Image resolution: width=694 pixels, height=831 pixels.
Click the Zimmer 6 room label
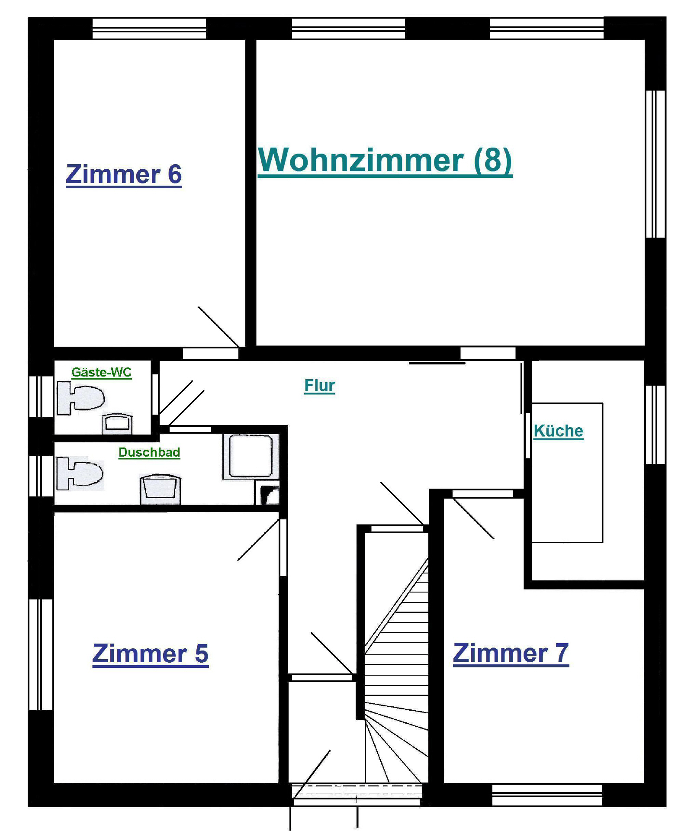(124, 174)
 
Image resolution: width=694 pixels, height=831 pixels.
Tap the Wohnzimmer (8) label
(385, 161)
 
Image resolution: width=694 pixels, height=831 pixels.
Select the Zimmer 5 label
(150, 654)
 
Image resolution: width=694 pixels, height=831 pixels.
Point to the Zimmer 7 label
(511, 653)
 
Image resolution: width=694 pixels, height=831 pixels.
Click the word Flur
(320, 386)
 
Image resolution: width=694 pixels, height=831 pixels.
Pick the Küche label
(558, 431)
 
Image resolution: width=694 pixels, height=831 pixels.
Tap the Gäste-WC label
(101, 372)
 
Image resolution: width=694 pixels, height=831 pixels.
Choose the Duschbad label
(149, 452)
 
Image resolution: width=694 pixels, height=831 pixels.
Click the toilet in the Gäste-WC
(81, 398)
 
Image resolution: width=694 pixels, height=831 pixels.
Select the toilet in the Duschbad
(80, 473)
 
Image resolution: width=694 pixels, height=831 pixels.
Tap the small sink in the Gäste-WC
(117, 424)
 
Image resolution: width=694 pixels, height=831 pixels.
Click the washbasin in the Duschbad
(160, 490)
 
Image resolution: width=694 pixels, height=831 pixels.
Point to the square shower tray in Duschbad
(251, 456)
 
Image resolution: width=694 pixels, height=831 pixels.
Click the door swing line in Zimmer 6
(219, 327)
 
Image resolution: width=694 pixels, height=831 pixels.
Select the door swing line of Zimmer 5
(258, 540)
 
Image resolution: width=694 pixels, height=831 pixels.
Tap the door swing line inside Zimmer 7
(473, 519)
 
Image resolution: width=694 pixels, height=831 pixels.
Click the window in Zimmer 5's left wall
(41, 655)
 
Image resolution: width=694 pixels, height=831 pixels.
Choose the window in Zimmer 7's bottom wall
(547, 795)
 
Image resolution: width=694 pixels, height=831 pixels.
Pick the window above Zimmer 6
(149, 29)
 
